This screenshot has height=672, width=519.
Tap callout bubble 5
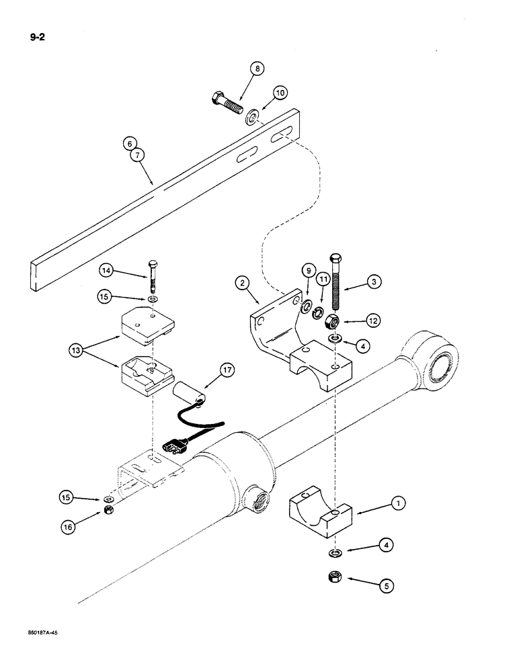(385, 585)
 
